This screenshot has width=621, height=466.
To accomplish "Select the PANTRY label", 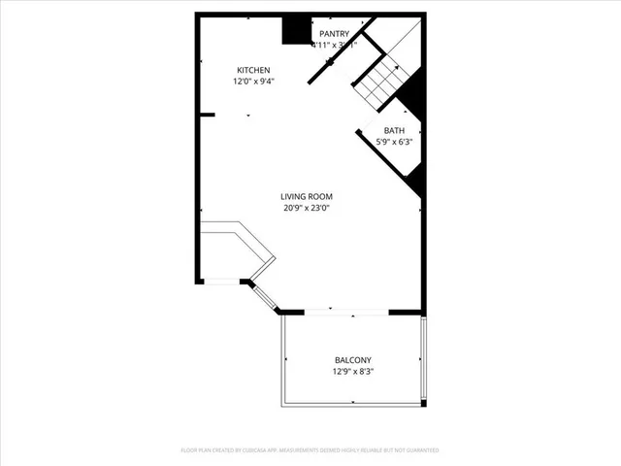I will click(x=335, y=33).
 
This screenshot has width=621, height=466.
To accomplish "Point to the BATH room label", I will click(x=394, y=130).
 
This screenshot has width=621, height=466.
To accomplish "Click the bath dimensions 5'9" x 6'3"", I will click(x=394, y=143).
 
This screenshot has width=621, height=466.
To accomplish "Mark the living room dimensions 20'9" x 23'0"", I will click(x=307, y=208).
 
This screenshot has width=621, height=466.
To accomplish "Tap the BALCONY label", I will click(x=353, y=359).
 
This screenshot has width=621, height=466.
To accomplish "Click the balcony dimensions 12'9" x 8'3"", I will click(x=353, y=371).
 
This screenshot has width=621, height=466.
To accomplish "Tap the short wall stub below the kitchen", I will click(x=206, y=115).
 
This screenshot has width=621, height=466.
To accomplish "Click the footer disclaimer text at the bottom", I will click(x=310, y=450).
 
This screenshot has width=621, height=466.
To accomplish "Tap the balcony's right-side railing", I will click(x=424, y=359).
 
